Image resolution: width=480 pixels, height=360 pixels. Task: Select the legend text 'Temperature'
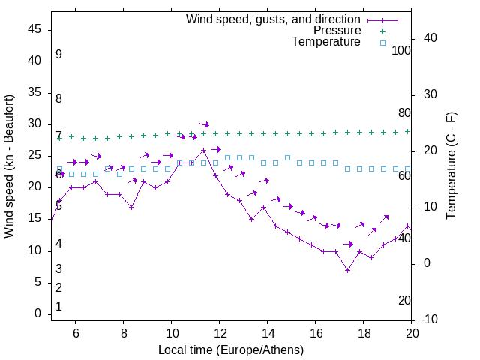coord(326,43)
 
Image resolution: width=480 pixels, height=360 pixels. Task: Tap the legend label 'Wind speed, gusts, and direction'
coord(274,19)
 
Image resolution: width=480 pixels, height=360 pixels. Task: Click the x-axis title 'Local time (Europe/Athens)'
coord(231,349)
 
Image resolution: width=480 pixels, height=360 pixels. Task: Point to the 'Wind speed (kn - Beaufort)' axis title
coord(9,166)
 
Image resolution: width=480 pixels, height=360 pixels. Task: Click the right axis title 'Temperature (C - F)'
coord(451,166)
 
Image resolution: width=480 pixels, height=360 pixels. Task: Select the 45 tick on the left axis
coord(36,29)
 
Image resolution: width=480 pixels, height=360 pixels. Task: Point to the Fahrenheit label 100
coord(402,50)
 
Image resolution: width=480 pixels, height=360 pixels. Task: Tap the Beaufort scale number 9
coord(58,55)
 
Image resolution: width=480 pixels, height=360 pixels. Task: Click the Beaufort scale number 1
coord(58,307)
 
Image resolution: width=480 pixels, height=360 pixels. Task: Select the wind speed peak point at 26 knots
coord(203,150)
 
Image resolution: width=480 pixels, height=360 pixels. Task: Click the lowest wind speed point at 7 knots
coord(347,270)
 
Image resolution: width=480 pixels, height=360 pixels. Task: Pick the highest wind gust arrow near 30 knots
coord(203,124)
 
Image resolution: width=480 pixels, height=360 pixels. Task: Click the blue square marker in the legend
coord(382,43)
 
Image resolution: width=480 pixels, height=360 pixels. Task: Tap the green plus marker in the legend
coord(382,31)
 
